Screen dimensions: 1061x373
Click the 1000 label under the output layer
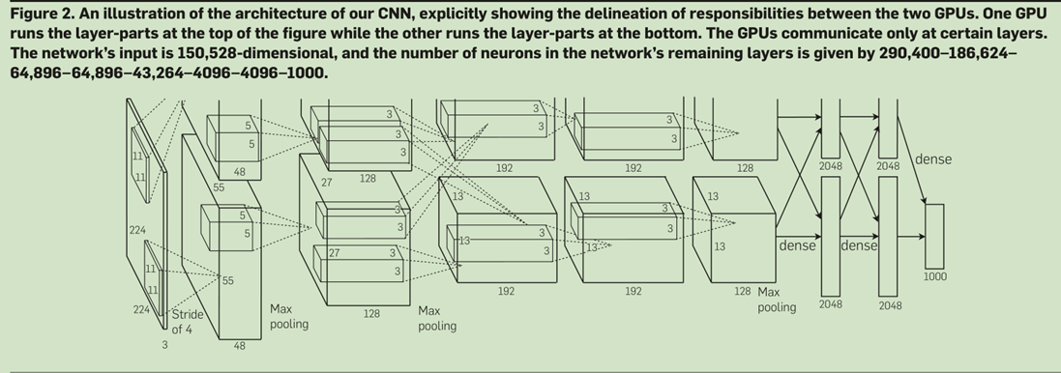coord(935,276)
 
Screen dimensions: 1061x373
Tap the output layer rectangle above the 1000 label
coord(934,236)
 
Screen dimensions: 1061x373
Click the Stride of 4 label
coord(187,323)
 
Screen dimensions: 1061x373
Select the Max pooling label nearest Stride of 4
coord(289,316)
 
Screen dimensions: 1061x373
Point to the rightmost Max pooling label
coord(776,300)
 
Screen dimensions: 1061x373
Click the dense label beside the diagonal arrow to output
coord(933,159)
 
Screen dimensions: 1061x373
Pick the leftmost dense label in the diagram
coord(797,246)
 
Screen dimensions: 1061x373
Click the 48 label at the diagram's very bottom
coord(239,346)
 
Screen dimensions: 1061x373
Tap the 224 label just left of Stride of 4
coord(141,310)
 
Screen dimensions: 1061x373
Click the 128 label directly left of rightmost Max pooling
coord(742,291)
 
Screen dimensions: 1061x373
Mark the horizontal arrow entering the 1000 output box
coord(911,237)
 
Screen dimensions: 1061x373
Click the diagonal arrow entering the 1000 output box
coord(912,159)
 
